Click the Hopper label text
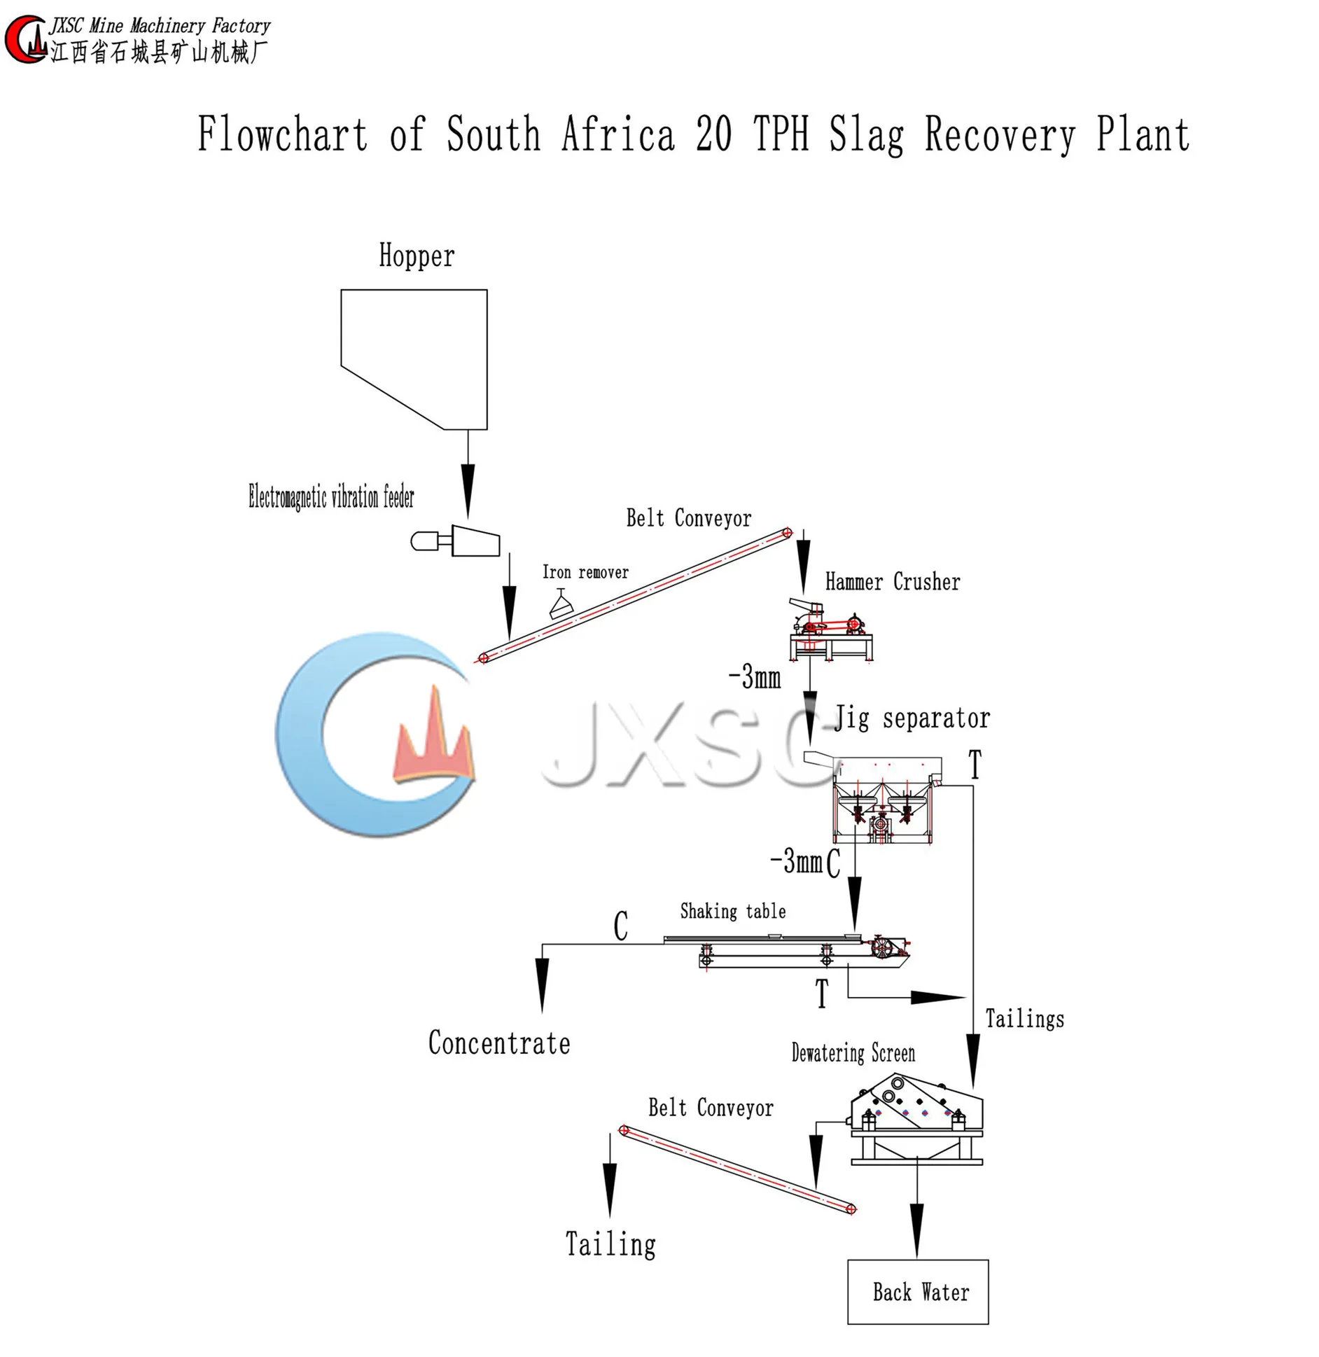pyautogui.click(x=417, y=256)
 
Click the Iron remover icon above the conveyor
pyautogui.click(x=561, y=603)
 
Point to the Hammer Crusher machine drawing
pyautogui.click(x=830, y=629)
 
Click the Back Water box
pyautogui.click(x=917, y=1292)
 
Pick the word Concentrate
pyautogui.click(x=499, y=1043)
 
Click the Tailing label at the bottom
pyautogui.click(x=610, y=1244)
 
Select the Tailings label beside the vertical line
pyautogui.click(x=1024, y=1019)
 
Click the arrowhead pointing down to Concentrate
pyautogui.click(x=542, y=984)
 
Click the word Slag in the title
pyautogui.click(x=866, y=135)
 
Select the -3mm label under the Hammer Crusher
pyautogui.click(x=755, y=678)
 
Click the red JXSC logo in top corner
pyautogui.click(x=25, y=40)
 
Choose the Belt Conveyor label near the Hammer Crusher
pyautogui.click(x=688, y=519)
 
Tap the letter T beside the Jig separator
pyautogui.click(x=975, y=764)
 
